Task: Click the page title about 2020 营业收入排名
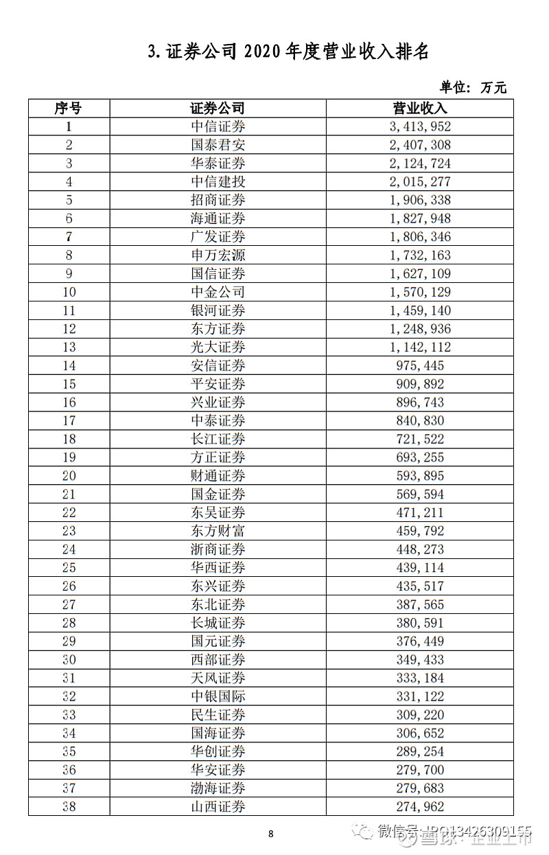288,52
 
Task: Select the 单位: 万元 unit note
473,87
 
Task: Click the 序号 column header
69,109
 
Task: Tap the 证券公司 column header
218,109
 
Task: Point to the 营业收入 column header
419,109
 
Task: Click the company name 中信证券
218,126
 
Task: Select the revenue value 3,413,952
420,126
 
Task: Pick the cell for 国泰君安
218,145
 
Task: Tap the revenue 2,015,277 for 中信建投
420,182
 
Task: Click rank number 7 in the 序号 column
69,237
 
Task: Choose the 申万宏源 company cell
218,255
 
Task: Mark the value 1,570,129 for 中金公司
420,292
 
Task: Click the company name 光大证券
218,347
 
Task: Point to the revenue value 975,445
420,365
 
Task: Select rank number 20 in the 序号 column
69,476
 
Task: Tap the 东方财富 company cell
218,531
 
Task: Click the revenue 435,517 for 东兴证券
420,586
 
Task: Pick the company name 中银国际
218,696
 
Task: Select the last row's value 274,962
420,807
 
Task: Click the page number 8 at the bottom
270,834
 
